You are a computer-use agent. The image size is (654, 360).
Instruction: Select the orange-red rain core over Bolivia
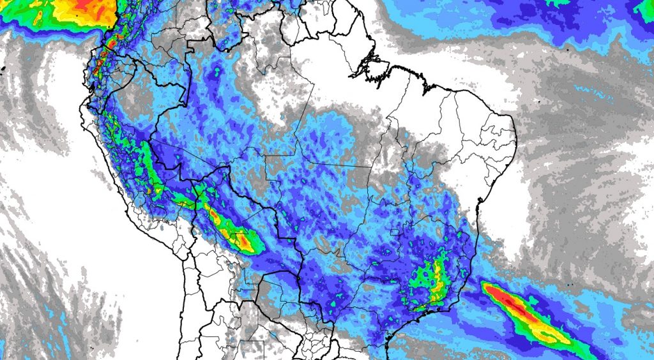(243, 242)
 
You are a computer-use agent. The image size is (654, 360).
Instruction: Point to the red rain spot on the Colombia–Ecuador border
(110, 45)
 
